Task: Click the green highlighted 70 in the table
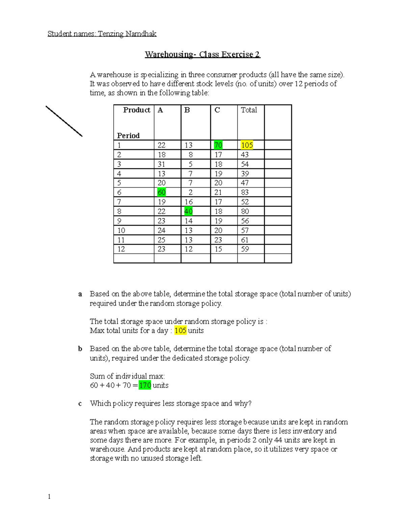click(218, 145)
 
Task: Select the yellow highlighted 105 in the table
click(247, 145)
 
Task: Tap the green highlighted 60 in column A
click(161, 192)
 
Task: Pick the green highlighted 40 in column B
click(188, 211)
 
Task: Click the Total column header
click(249, 110)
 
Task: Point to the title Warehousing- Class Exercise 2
click(202, 54)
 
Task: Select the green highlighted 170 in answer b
click(145, 385)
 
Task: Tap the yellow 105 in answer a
click(180, 331)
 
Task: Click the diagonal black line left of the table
click(64, 121)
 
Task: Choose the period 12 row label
click(121, 249)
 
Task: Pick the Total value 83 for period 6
click(245, 192)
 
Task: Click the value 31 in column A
click(161, 164)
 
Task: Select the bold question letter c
click(80, 404)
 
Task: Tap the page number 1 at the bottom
click(49, 496)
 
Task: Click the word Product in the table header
click(137, 110)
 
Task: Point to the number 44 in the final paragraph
click(278, 440)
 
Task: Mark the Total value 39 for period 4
click(245, 174)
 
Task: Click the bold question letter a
click(80, 294)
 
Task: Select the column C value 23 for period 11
click(218, 240)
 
